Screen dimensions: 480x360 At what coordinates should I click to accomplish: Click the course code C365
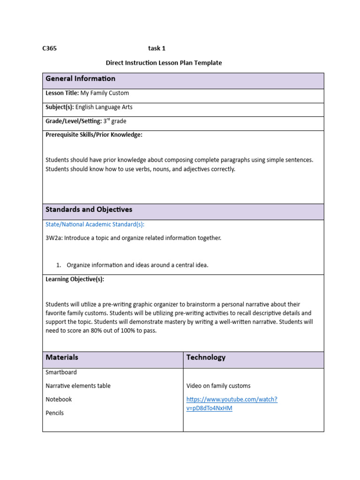(50, 48)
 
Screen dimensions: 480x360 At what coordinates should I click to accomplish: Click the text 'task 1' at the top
(157, 48)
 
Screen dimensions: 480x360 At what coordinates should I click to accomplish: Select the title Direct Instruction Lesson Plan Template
(164, 62)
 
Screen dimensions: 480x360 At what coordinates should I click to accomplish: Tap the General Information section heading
(80, 79)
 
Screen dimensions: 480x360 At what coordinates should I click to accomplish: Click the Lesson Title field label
(62, 93)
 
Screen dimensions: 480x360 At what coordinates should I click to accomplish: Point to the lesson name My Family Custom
(105, 93)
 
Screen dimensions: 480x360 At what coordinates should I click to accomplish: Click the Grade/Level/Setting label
(74, 121)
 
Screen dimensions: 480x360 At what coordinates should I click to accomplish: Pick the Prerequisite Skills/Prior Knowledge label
(94, 135)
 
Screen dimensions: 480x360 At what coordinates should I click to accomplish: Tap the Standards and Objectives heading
(89, 210)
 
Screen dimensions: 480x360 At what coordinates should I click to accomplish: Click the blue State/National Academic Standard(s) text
(95, 225)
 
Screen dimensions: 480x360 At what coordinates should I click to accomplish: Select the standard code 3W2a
(53, 238)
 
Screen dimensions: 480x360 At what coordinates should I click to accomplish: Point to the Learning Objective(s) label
(75, 279)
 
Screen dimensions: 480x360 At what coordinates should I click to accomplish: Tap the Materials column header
(62, 357)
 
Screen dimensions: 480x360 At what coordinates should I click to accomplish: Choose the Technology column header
(206, 357)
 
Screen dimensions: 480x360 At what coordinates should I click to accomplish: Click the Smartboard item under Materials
(61, 372)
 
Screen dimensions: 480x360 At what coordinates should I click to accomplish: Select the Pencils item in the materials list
(54, 413)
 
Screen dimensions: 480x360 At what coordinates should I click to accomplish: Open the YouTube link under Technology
(232, 404)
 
